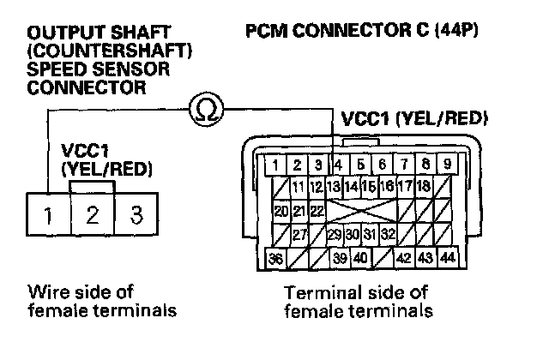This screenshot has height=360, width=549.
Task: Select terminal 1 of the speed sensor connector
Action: (49, 213)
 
